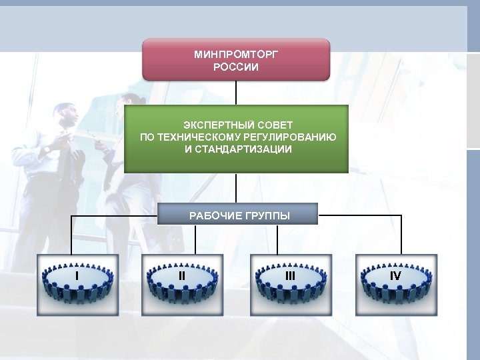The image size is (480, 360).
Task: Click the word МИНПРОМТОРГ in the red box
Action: pos(236,55)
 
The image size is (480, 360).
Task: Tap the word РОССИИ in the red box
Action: pos(236,67)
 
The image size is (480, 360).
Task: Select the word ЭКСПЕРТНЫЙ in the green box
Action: pos(213,125)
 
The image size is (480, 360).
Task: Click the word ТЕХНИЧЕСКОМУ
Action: pos(200,137)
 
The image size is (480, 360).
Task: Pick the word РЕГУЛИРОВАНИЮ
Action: pos(293,137)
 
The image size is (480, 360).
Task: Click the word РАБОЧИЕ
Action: pos(213,215)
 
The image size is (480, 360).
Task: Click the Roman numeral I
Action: pos(77,275)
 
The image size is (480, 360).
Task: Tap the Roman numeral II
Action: pos(182,275)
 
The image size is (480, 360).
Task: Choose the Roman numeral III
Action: pos(290,275)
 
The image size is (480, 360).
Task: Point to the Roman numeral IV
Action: pos(395,275)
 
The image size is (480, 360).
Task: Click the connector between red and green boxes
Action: pos(236,93)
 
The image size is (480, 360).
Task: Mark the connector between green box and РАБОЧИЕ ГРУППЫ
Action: pos(236,189)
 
